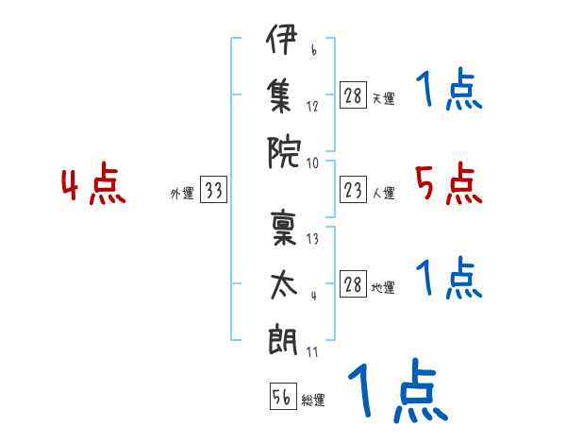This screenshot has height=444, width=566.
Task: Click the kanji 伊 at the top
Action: pyautogui.click(x=281, y=39)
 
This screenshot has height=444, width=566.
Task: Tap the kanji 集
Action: pyautogui.click(x=279, y=95)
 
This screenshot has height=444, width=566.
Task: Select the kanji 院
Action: pyautogui.click(x=284, y=153)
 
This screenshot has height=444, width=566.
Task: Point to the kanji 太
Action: pyautogui.click(x=284, y=285)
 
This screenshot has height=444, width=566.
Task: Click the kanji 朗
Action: pyautogui.click(x=283, y=339)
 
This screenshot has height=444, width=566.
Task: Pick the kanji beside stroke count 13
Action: pyautogui.click(x=284, y=228)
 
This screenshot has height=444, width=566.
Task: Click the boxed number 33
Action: pyautogui.click(x=213, y=189)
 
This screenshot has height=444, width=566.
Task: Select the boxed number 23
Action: pyautogui.click(x=353, y=189)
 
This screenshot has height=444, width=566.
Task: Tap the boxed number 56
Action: pyautogui.click(x=283, y=396)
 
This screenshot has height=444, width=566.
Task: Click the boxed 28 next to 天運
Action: pyautogui.click(x=353, y=95)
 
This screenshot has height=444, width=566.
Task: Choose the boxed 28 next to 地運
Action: pyautogui.click(x=353, y=283)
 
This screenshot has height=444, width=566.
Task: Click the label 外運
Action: pyautogui.click(x=182, y=193)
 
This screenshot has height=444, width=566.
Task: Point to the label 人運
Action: pyautogui.click(x=384, y=193)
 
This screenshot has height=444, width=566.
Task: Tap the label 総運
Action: pyautogui.click(x=313, y=400)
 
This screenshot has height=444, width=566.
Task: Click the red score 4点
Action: pyautogui.click(x=93, y=183)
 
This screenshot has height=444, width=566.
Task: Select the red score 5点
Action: pyautogui.click(x=449, y=183)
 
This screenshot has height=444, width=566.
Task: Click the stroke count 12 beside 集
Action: pyautogui.click(x=312, y=107)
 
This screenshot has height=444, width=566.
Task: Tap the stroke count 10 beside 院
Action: pyautogui.click(x=312, y=163)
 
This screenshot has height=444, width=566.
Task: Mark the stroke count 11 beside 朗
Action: pyautogui.click(x=312, y=352)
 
